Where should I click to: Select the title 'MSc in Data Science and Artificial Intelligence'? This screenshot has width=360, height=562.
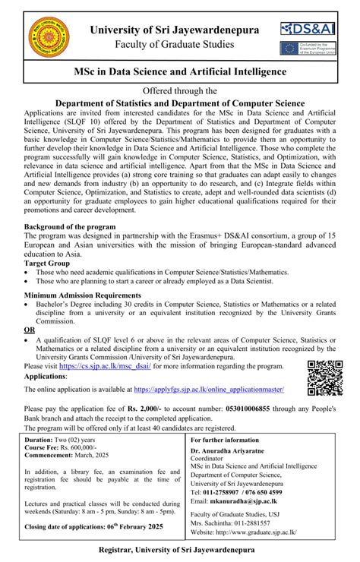pos(180,71)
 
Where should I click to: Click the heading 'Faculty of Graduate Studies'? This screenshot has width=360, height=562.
pos(174,45)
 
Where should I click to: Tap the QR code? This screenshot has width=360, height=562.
pos(325,377)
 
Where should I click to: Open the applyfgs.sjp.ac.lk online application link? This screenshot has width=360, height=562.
pos(209,389)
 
